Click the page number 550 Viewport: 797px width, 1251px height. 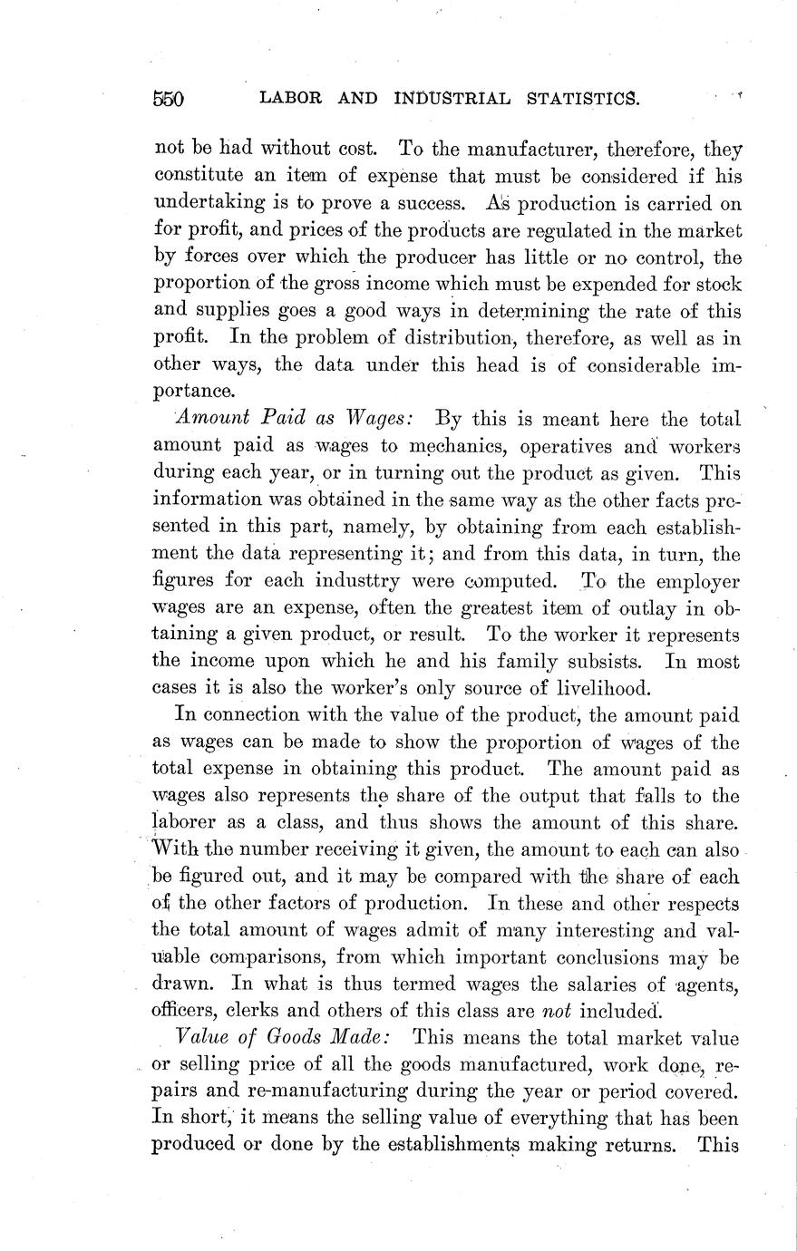[169, 100]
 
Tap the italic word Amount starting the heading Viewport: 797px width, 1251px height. [208, 419]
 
